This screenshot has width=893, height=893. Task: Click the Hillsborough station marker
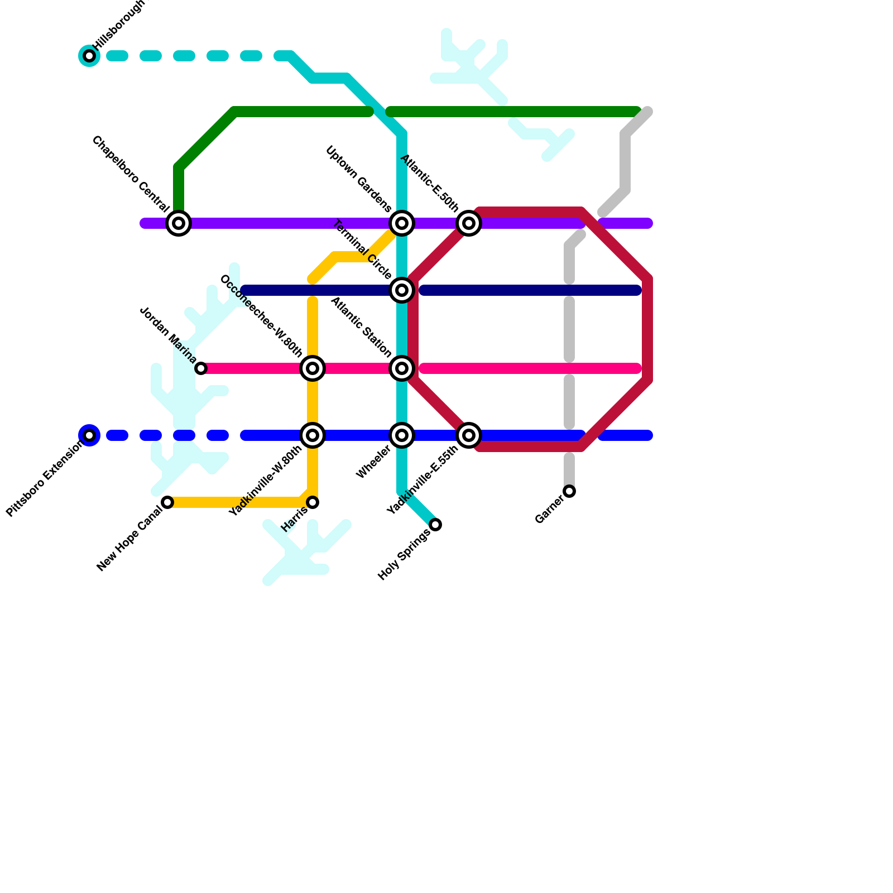(x=89, y=56)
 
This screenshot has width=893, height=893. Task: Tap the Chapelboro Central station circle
(x=179, y=223)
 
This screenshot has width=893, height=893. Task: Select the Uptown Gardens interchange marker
(x=402, y=223)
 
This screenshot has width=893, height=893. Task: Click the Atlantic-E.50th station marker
(x=469, y=223)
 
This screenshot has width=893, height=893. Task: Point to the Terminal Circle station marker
(x=402, y=290)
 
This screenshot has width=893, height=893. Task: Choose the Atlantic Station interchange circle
(x=402, y=368)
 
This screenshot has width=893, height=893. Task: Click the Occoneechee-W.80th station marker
(x=313, y=368)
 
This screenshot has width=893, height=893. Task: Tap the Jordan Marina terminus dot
(x=201, y=368)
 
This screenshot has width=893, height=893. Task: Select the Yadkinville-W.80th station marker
(x=313, y=435)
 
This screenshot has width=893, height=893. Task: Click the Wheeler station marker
(x=402, y=435)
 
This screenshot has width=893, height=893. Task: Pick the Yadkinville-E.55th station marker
(x=469, y=435)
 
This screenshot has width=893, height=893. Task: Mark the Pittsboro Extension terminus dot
(x=89, y=435)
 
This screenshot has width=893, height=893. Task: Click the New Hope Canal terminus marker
(x=167, y=502)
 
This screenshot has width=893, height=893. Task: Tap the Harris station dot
(x=313, y=502)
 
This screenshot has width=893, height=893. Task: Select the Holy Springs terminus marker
(x=435, y=525)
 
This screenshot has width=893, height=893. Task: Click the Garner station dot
(x=569, y=491)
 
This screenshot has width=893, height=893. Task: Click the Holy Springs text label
(x=404, y=555)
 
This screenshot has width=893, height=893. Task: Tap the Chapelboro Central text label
(x=131, y=174)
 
